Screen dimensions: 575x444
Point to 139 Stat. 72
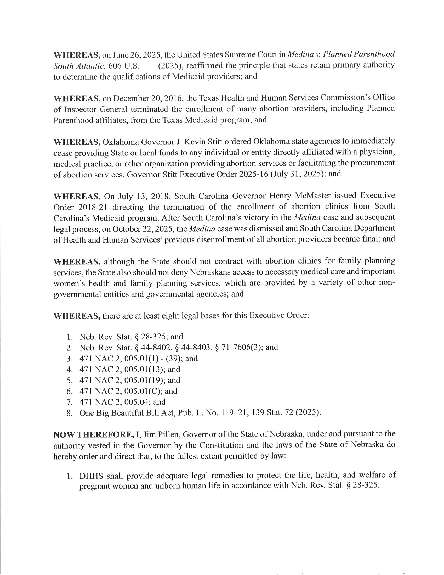tap(272, 412)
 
